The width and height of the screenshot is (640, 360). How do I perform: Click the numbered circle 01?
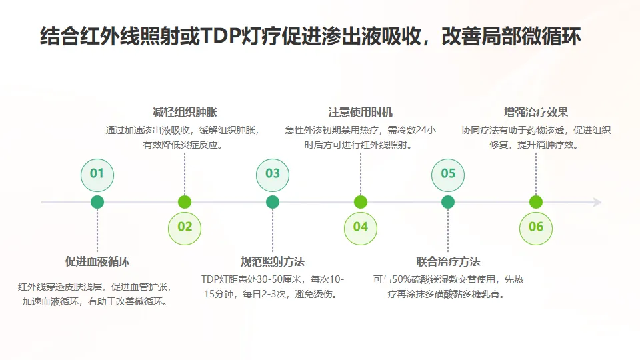[97, 174]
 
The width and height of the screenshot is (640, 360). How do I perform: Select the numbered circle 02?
[185, 227]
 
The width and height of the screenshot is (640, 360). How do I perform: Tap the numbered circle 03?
[273, 174]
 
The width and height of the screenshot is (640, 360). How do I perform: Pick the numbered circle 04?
[361, 227]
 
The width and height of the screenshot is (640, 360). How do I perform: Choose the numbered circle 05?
[448, 174]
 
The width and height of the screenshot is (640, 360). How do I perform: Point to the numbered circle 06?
[536, 227]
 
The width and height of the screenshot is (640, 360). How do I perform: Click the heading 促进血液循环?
[97, 261]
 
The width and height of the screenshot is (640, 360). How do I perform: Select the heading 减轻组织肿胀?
[185, 112]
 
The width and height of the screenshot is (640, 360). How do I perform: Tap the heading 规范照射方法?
[273, 261]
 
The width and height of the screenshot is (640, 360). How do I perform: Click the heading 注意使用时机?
[361, 112]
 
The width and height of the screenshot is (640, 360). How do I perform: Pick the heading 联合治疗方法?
[448, 261]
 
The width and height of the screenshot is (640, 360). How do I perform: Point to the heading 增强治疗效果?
[536, 112]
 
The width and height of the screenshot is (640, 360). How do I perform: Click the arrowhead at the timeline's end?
[597, 202]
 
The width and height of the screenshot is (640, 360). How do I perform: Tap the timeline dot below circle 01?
[97, 202]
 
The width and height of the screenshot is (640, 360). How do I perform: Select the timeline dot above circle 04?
[361, 202]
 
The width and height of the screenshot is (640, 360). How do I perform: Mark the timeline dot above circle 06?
[536, 202]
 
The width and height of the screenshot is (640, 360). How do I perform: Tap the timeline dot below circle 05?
[448, 202]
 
